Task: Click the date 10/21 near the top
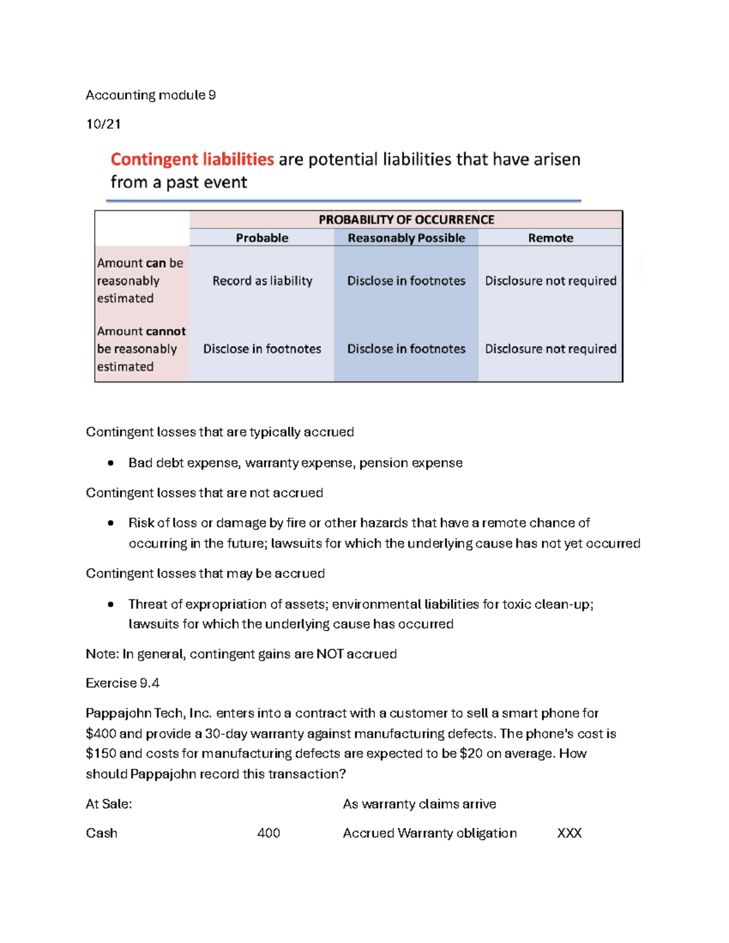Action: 103,124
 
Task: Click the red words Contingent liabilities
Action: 192,160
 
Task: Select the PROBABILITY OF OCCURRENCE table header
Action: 406,220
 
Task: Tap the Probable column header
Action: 262,238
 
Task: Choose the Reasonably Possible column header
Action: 406,238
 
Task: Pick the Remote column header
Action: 550,238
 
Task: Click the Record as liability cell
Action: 262,281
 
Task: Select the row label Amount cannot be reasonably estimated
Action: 141,349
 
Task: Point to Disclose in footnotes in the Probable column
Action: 262,349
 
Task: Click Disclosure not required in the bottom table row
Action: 550,349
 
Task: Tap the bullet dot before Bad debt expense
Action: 111,463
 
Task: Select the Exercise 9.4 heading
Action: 122,684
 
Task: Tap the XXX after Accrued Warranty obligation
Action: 569,834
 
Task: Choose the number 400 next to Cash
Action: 269,834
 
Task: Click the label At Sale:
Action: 109,805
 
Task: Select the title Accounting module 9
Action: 151,95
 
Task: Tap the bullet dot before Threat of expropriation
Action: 111,605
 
